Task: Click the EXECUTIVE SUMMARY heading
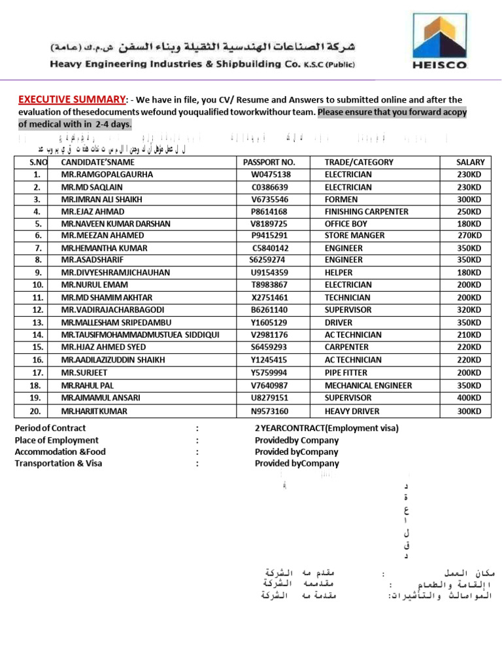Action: (x=71, y=99)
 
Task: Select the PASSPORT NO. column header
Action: (x=269, y=162)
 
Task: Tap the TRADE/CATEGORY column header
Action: (x=359, y=162)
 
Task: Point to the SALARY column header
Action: (x=471, y=162)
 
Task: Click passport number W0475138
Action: (x=271, y=175)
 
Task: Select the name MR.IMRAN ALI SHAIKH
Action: (x=101, y=199)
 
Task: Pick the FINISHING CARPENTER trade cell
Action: (x=366, y=211)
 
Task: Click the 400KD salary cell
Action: (x=469, y=398)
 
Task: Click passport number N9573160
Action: (x=269, y=412)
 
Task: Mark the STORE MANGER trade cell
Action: (x=354, y=236)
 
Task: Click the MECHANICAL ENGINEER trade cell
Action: (x=368, y=385)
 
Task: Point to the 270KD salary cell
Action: (x=469, y=236)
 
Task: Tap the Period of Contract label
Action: (x=50, y=429)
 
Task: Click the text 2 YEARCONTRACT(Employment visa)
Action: (x=326, y=429)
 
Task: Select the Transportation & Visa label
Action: (x=58, y=463)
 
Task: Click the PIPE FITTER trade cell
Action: (x=346, y=373)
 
